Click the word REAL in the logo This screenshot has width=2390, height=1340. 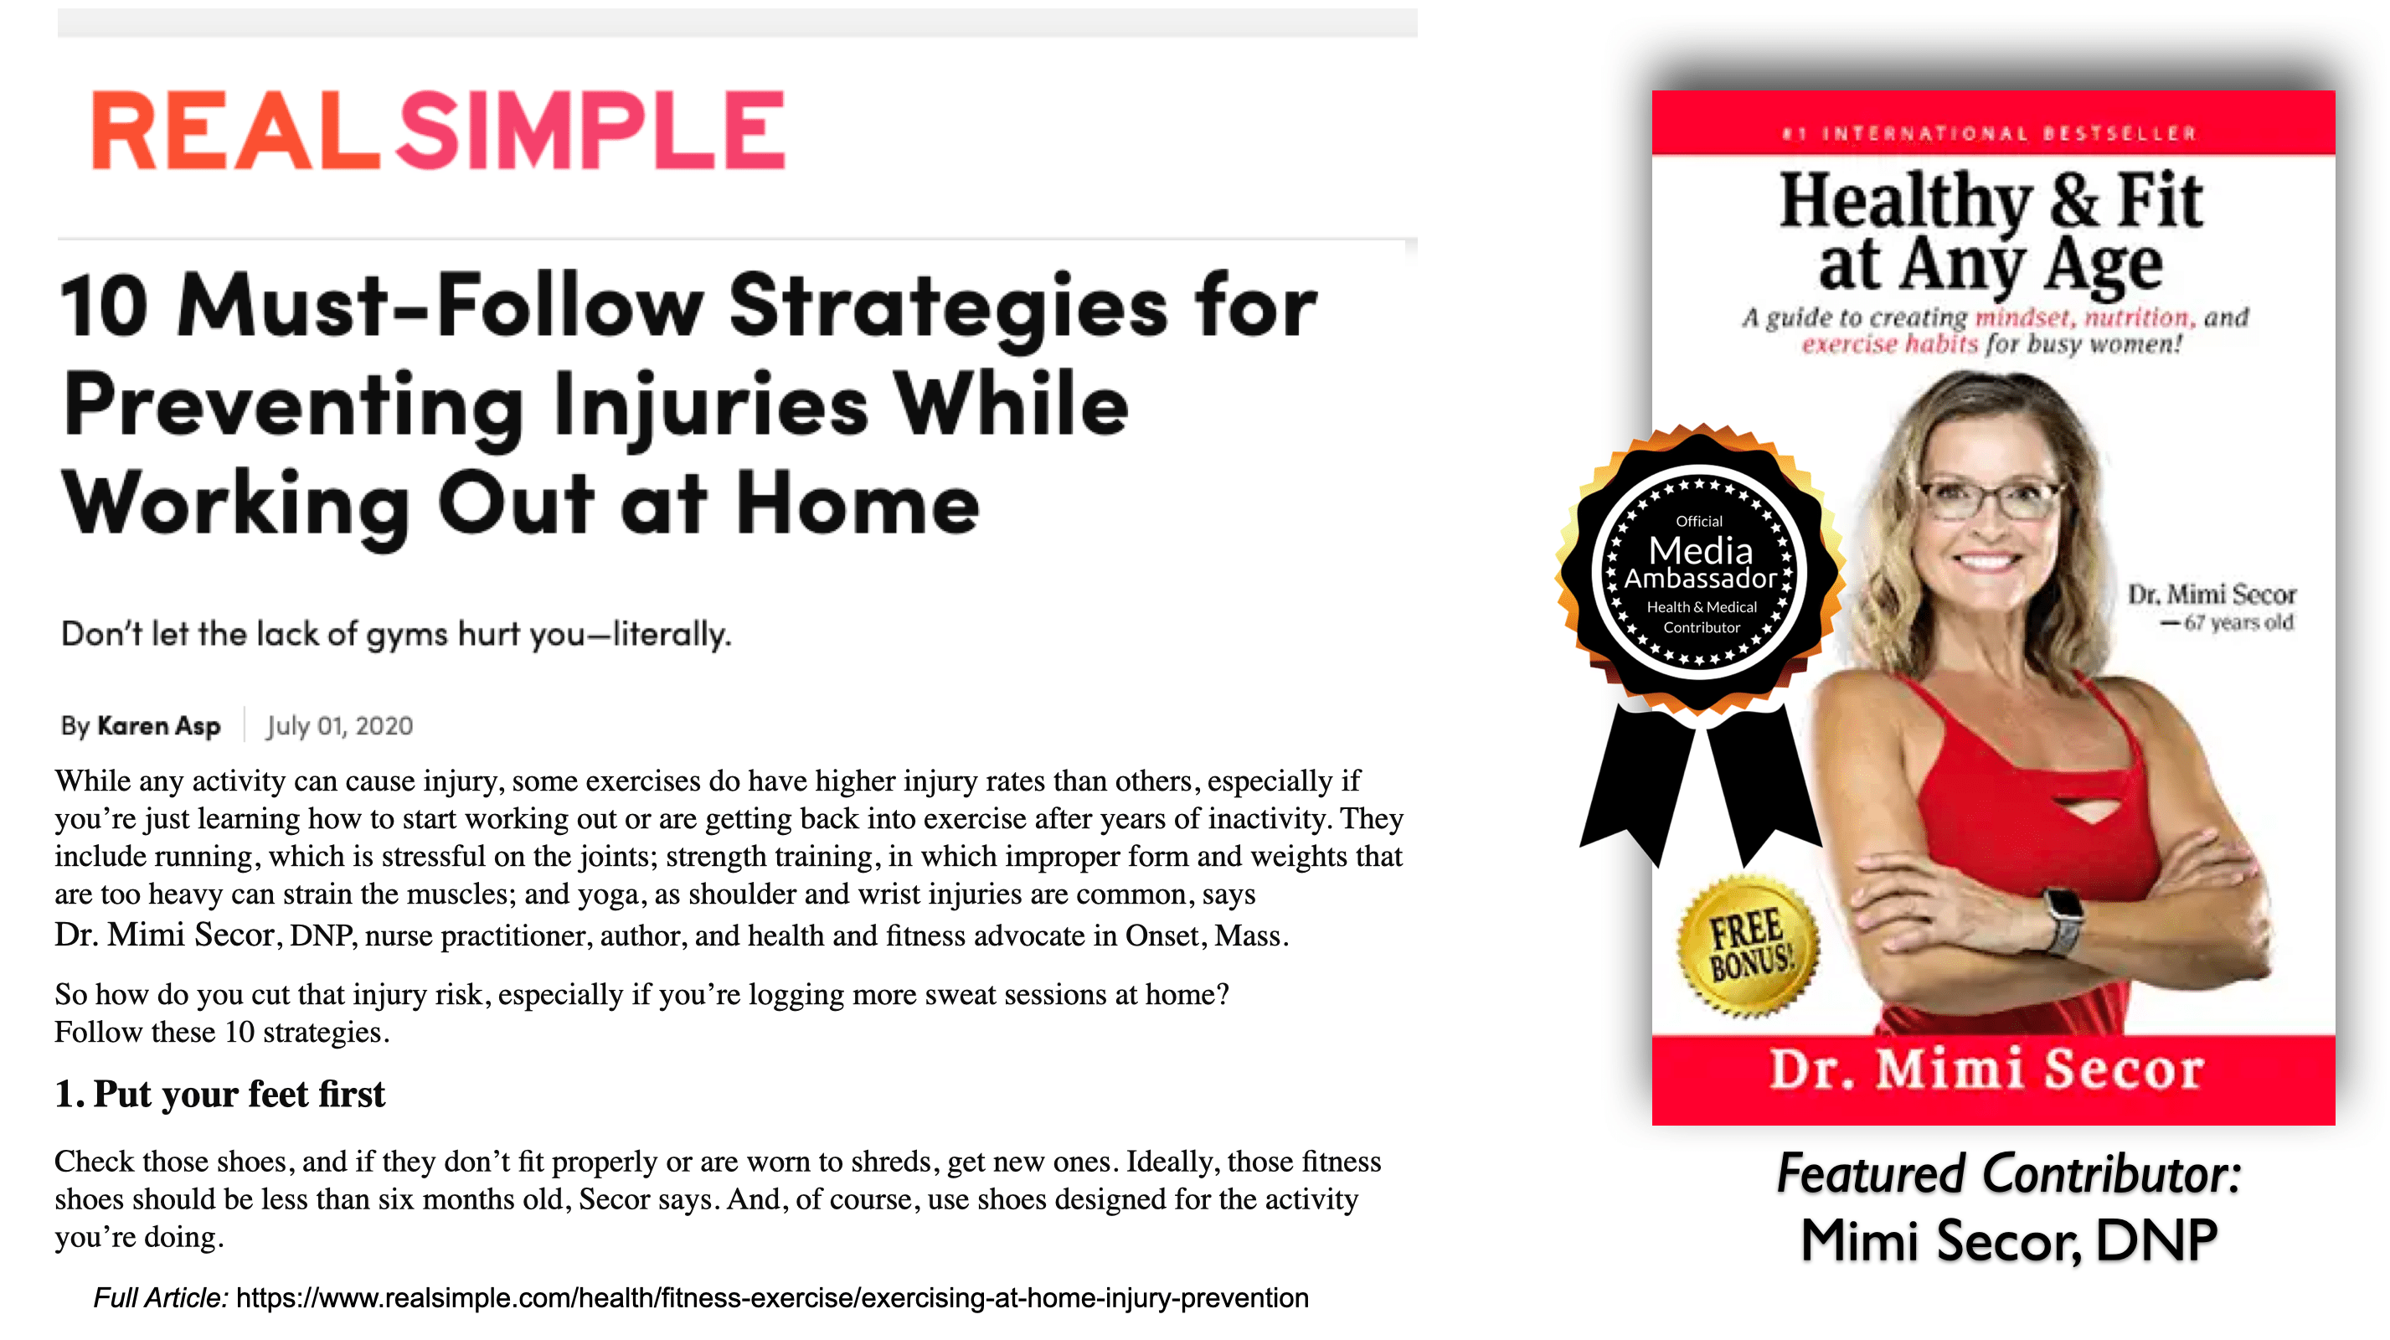235,130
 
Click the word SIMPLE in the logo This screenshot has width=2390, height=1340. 592,130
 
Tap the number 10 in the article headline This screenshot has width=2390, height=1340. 104,307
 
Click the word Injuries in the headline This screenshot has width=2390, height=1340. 712,409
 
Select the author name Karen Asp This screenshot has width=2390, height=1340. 158,725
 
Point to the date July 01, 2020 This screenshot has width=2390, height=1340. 339,725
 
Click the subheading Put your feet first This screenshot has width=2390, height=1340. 239,1094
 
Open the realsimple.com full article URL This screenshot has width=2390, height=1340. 772,1297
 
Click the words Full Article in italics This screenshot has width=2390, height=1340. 161,1297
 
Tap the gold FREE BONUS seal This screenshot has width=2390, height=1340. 1748,947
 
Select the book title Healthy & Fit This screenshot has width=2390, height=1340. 1991,199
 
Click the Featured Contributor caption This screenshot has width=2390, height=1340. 2009,1175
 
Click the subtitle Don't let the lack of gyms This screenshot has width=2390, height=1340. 396,635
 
